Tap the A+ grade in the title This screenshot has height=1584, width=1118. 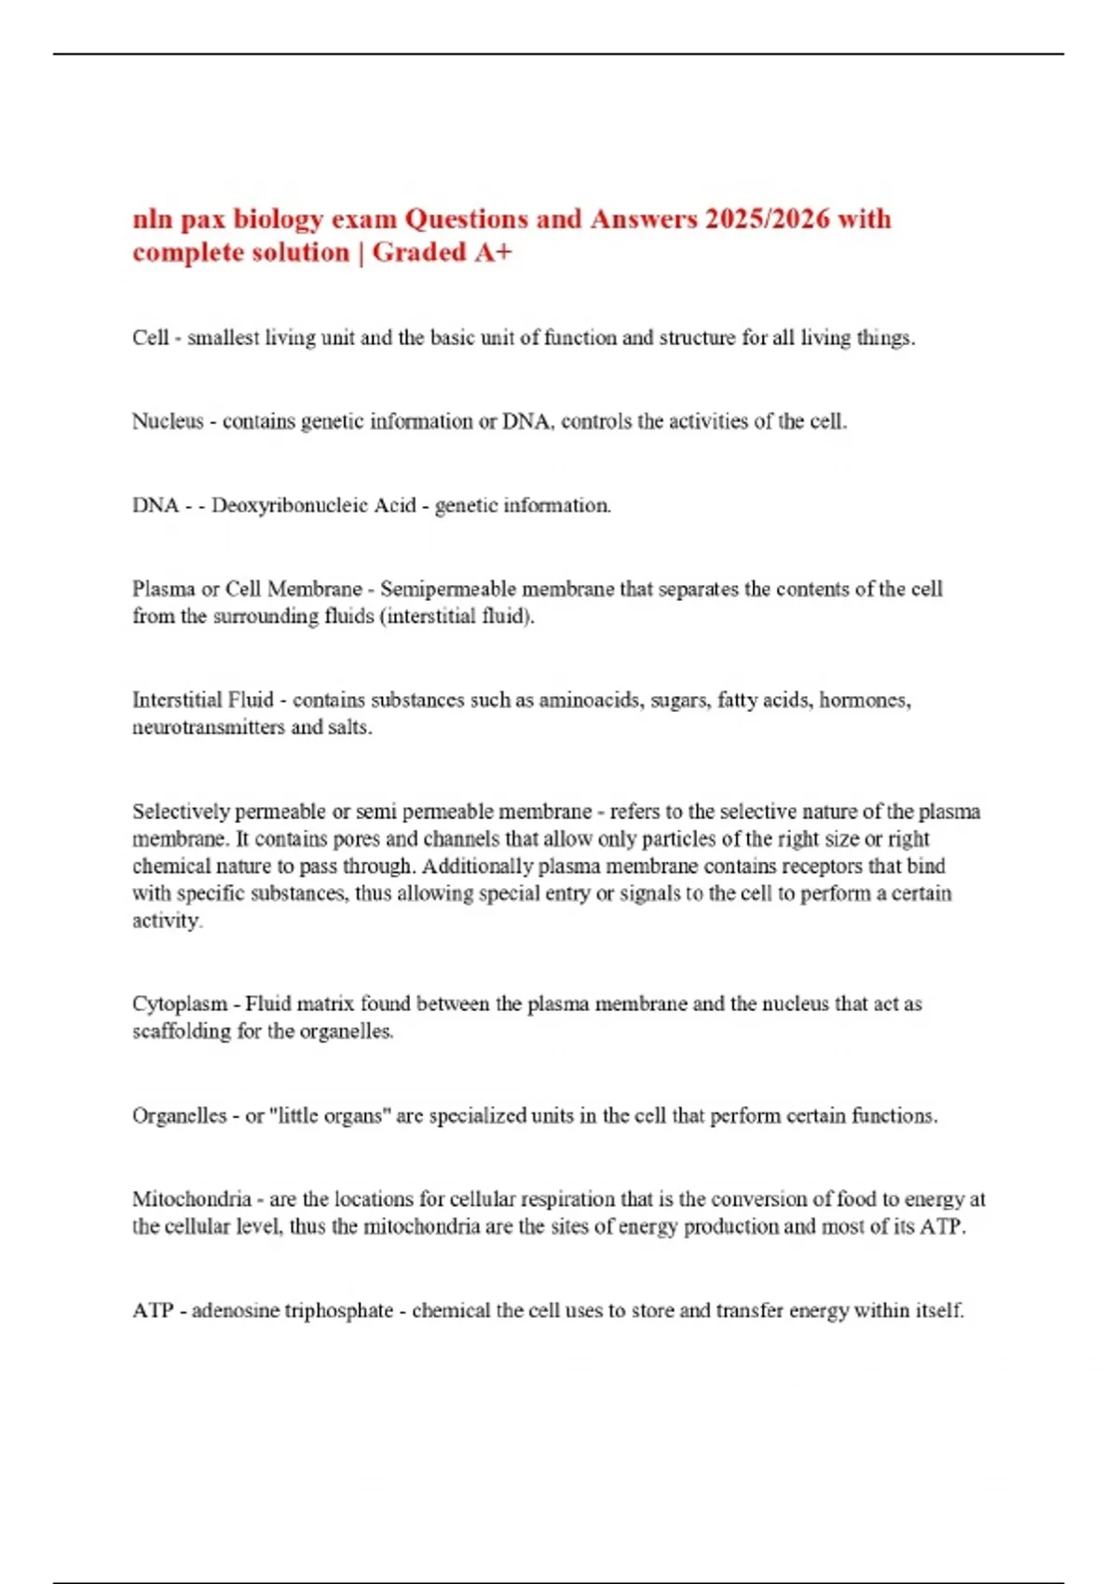point(493,253)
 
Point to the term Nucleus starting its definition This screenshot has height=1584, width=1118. point(168,421)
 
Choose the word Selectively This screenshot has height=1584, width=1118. point(181,812)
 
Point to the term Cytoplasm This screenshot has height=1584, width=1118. point(180,1004)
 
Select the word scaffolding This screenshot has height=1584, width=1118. point(182,1031)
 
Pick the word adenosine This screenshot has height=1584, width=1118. point(228,1311)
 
